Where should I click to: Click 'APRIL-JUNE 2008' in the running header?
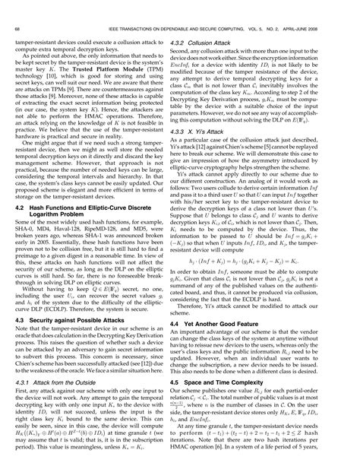pyautogui.click(x=326, y=9)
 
